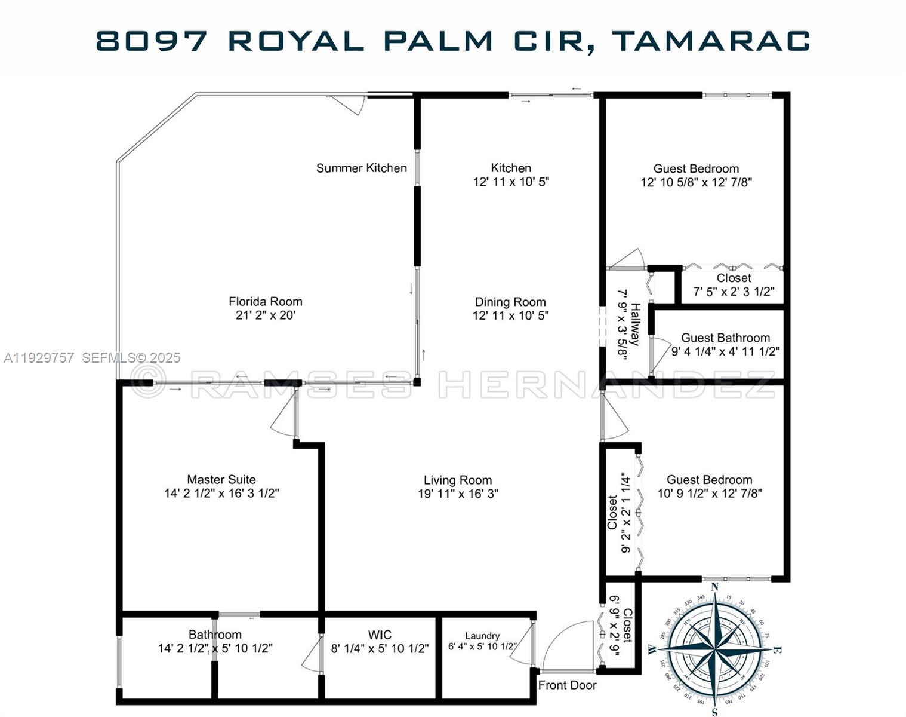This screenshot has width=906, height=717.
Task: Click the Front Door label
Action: pyautogui.click(x=567, y=685)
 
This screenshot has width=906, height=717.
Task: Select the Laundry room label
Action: pyautogui.click(x=482, y=636)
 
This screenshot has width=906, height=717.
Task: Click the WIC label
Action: pyautogui.click(x=380, y=635)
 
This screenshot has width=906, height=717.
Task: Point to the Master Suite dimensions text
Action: pyautogui.click(x=221, y=494)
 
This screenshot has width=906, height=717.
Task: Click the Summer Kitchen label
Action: pyautogui.click(x=361, y=168)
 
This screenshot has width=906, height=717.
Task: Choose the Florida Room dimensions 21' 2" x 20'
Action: pyautogui.click(x=265, y=315)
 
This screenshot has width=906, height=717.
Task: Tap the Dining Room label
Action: pyautogui.click(x=510, y=302)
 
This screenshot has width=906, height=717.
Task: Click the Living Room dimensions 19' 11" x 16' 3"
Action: pyautogui.click(x=458, y=494)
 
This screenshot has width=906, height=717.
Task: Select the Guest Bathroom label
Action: pyautogui.click(x=725, y=338)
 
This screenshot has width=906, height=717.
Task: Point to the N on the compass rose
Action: pyautogui.click(x=714, y=587)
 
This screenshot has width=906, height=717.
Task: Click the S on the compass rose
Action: pyautogui.click(x=714, y=711)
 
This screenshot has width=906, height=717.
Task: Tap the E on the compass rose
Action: pyautogui.click(x=776, y=649)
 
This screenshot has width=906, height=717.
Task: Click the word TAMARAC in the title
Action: pyautogui.click(x=711, y=41)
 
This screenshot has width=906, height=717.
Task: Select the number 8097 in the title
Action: pyautogui.click(x=152, y=41)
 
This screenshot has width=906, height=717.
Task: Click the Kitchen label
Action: pyautogui.click(x=511, y=168)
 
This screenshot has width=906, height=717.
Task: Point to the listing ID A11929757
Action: pyautogui.click(x=39, y=358)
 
